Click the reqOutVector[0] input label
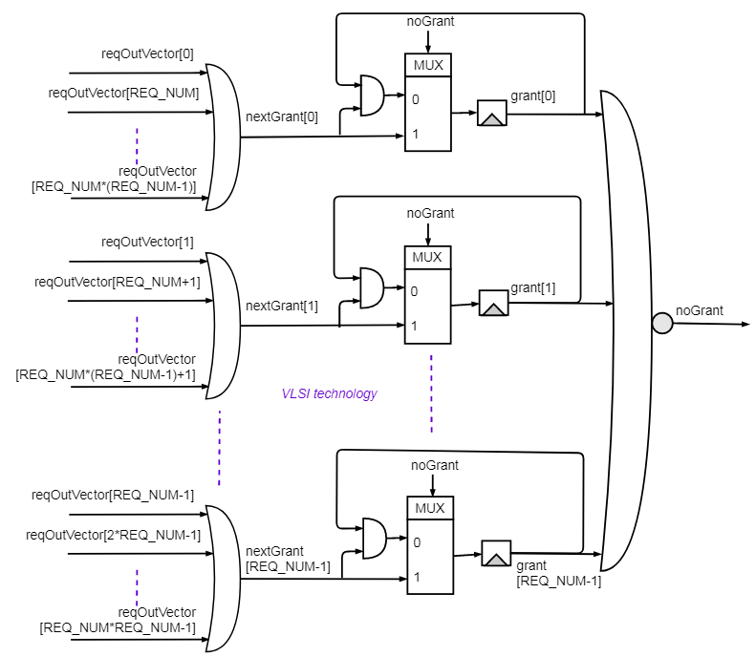pos(147,53)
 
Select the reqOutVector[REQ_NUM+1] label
pos(118,282)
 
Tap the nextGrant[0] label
pos(282,117)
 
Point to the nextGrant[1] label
pos(282,307)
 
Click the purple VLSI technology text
pos(329,393)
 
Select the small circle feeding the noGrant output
pos(662,324)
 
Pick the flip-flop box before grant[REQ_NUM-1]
pos(496,554)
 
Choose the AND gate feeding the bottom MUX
pos(375,539)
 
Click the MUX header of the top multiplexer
pos(427,65)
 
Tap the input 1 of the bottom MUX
pos(416,577)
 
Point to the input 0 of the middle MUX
pos(415,291)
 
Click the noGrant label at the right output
pos(700,310)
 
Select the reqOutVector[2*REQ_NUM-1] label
pos(114,535)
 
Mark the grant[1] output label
pos(532,287)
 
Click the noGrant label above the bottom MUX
pos(435,465)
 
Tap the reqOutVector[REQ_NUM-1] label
pos(113,495)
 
